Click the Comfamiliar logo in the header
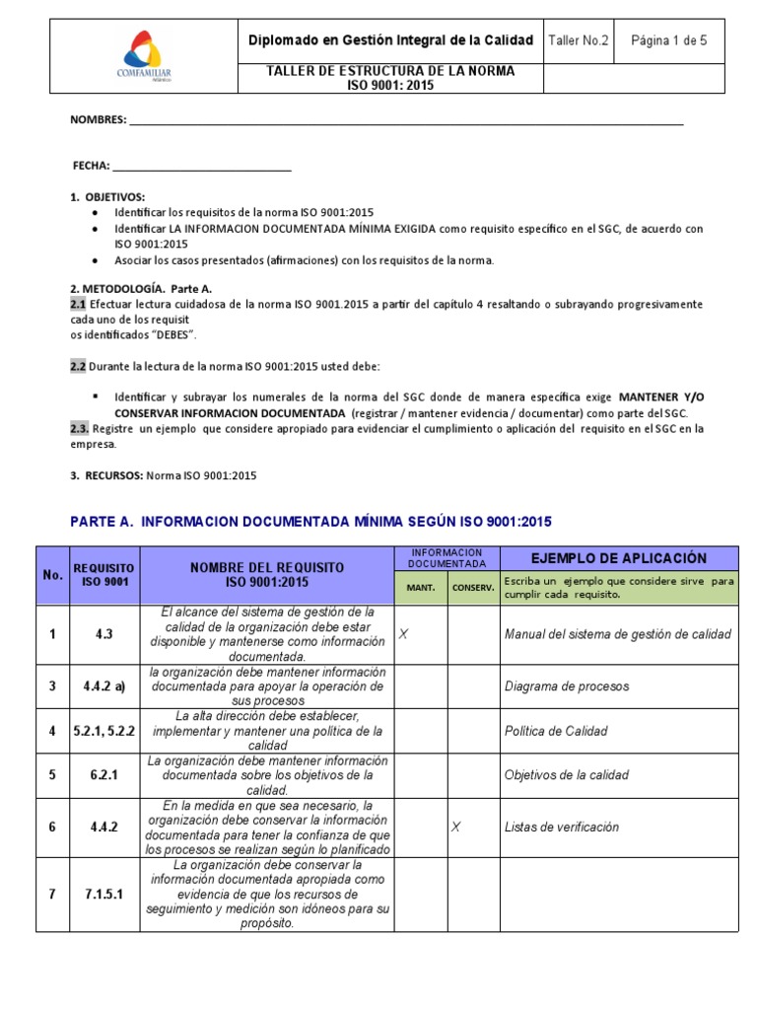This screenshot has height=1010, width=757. [145, 57]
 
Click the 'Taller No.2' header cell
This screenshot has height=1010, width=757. [579, 40]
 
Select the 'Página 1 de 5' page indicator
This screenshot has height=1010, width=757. [668, 40]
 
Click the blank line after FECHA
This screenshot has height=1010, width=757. [202, 166]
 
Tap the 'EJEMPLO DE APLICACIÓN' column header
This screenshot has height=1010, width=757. [618, 558]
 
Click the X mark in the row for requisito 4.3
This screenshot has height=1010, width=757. [403, 634]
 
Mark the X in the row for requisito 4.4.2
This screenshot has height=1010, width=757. [455, 827]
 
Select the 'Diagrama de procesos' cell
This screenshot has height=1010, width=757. [566, 685]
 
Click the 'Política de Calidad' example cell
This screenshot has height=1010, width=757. [556, 731]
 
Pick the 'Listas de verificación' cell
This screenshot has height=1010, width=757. [561, 827]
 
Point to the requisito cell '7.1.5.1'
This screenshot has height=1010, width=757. [103, 894]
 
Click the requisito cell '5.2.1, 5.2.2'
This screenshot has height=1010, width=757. [103, 731]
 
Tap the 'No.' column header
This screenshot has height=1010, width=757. [52, 575]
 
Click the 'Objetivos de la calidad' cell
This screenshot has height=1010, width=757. [566, 775]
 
